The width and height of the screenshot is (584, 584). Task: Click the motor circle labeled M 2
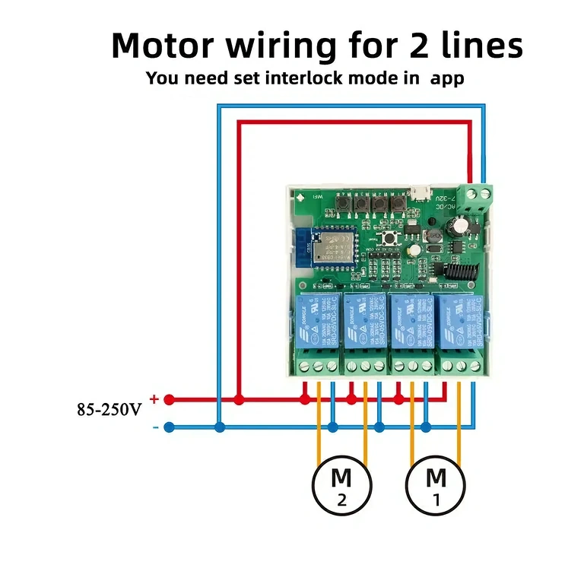(x=342, y=485)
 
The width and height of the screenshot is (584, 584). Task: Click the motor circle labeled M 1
(x=436, y=485)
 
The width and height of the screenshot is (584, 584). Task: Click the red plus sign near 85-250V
(x=154, y=398)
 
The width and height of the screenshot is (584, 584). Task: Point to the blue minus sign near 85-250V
(x=155, y=427)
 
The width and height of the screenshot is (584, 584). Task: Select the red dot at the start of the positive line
(x=170, y=399)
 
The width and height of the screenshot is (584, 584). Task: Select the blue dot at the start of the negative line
(x=170, y=427)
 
